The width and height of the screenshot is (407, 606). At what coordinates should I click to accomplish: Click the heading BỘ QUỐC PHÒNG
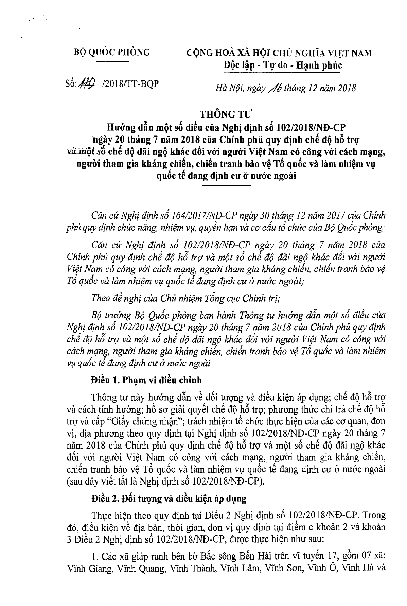112,52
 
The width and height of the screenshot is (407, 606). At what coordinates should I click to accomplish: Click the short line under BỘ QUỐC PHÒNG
112,61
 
